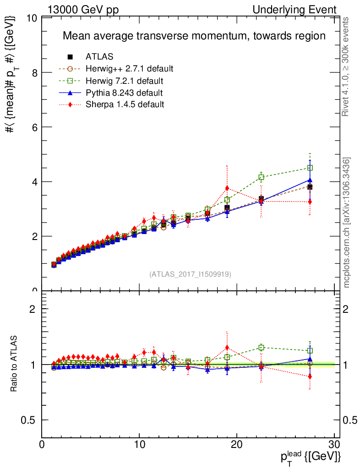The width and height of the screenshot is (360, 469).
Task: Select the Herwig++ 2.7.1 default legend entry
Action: pos(129,69)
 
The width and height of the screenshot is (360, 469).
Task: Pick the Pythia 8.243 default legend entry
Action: pos(124,93)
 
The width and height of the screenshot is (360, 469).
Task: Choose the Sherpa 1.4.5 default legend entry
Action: pos(125,104)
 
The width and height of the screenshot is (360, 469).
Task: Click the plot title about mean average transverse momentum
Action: pos(194,36)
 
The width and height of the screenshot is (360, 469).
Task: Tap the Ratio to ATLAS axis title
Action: pos(13,365)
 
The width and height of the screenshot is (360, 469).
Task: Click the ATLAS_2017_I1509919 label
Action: pos(190,274)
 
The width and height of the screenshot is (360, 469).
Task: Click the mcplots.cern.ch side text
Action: pos(347,223)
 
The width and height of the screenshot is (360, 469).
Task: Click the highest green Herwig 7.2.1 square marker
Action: pos(310,168)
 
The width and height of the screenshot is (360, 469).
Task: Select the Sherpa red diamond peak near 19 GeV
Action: pos(227,188)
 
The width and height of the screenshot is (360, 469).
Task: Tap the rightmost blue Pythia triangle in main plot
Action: pos(310,180)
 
